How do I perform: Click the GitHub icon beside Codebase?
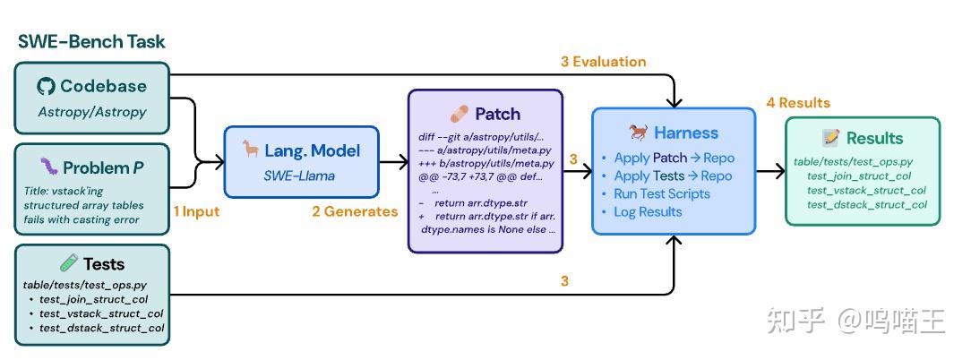click(47, 86)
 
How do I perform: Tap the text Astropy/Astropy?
click(92, 112)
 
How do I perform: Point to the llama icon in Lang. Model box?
click(251, 150)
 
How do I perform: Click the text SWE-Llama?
click(299, 176)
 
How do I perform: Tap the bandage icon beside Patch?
click(460, 114)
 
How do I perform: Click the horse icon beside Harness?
click(639, 132)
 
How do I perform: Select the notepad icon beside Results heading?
click(829, 138)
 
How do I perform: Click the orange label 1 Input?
click(195, 212)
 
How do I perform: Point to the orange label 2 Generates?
click(355, 212)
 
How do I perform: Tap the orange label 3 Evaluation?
click(603, 62)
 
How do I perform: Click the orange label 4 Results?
click(798, 103)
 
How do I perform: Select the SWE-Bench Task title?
click(91, 42)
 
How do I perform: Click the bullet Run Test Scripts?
click(661, 194)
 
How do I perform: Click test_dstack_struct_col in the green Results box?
click(867, 205)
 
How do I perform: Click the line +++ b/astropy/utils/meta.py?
click(486, 164)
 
